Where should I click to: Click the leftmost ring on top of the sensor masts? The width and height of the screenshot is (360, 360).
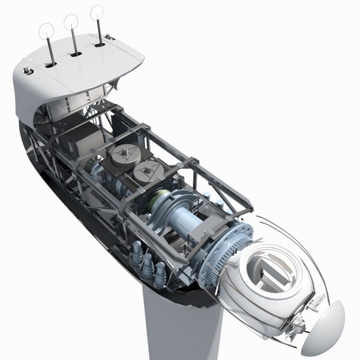pyautogui.click(x=46, y=30)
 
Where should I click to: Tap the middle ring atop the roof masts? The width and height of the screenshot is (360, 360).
pyautogui.click(x=71, y=21)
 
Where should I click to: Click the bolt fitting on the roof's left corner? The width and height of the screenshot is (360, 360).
pyautogui.click(x=27, y=71)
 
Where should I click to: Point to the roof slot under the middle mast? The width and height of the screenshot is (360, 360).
pyautogui.click(x=76, y=54)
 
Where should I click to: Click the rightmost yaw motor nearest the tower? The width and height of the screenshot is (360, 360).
pyautogui.click(x=160, y=273)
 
